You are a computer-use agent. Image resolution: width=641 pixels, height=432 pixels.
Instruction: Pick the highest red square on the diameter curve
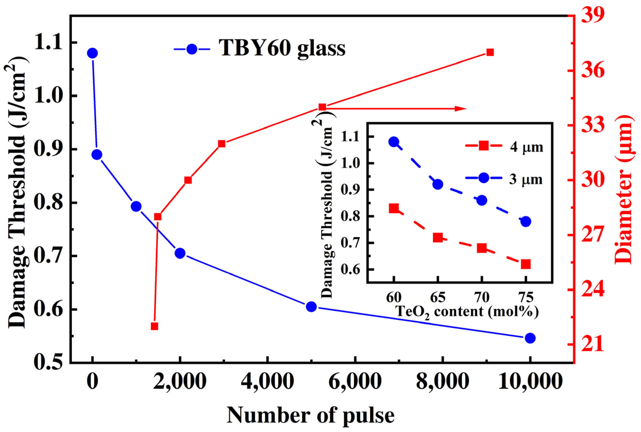point(490,52)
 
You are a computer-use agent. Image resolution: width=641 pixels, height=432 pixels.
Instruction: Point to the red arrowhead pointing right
point(460,109)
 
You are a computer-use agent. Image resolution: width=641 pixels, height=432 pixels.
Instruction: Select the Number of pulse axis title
point(311,415)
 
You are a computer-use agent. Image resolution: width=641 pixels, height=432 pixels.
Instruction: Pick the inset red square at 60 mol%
point(394,209)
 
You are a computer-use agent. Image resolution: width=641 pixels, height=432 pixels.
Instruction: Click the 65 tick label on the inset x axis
point(438,298)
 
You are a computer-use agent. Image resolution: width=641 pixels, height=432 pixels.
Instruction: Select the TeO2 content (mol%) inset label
point(467,312)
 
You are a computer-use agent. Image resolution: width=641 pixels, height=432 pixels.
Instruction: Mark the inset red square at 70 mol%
point(482,248)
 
